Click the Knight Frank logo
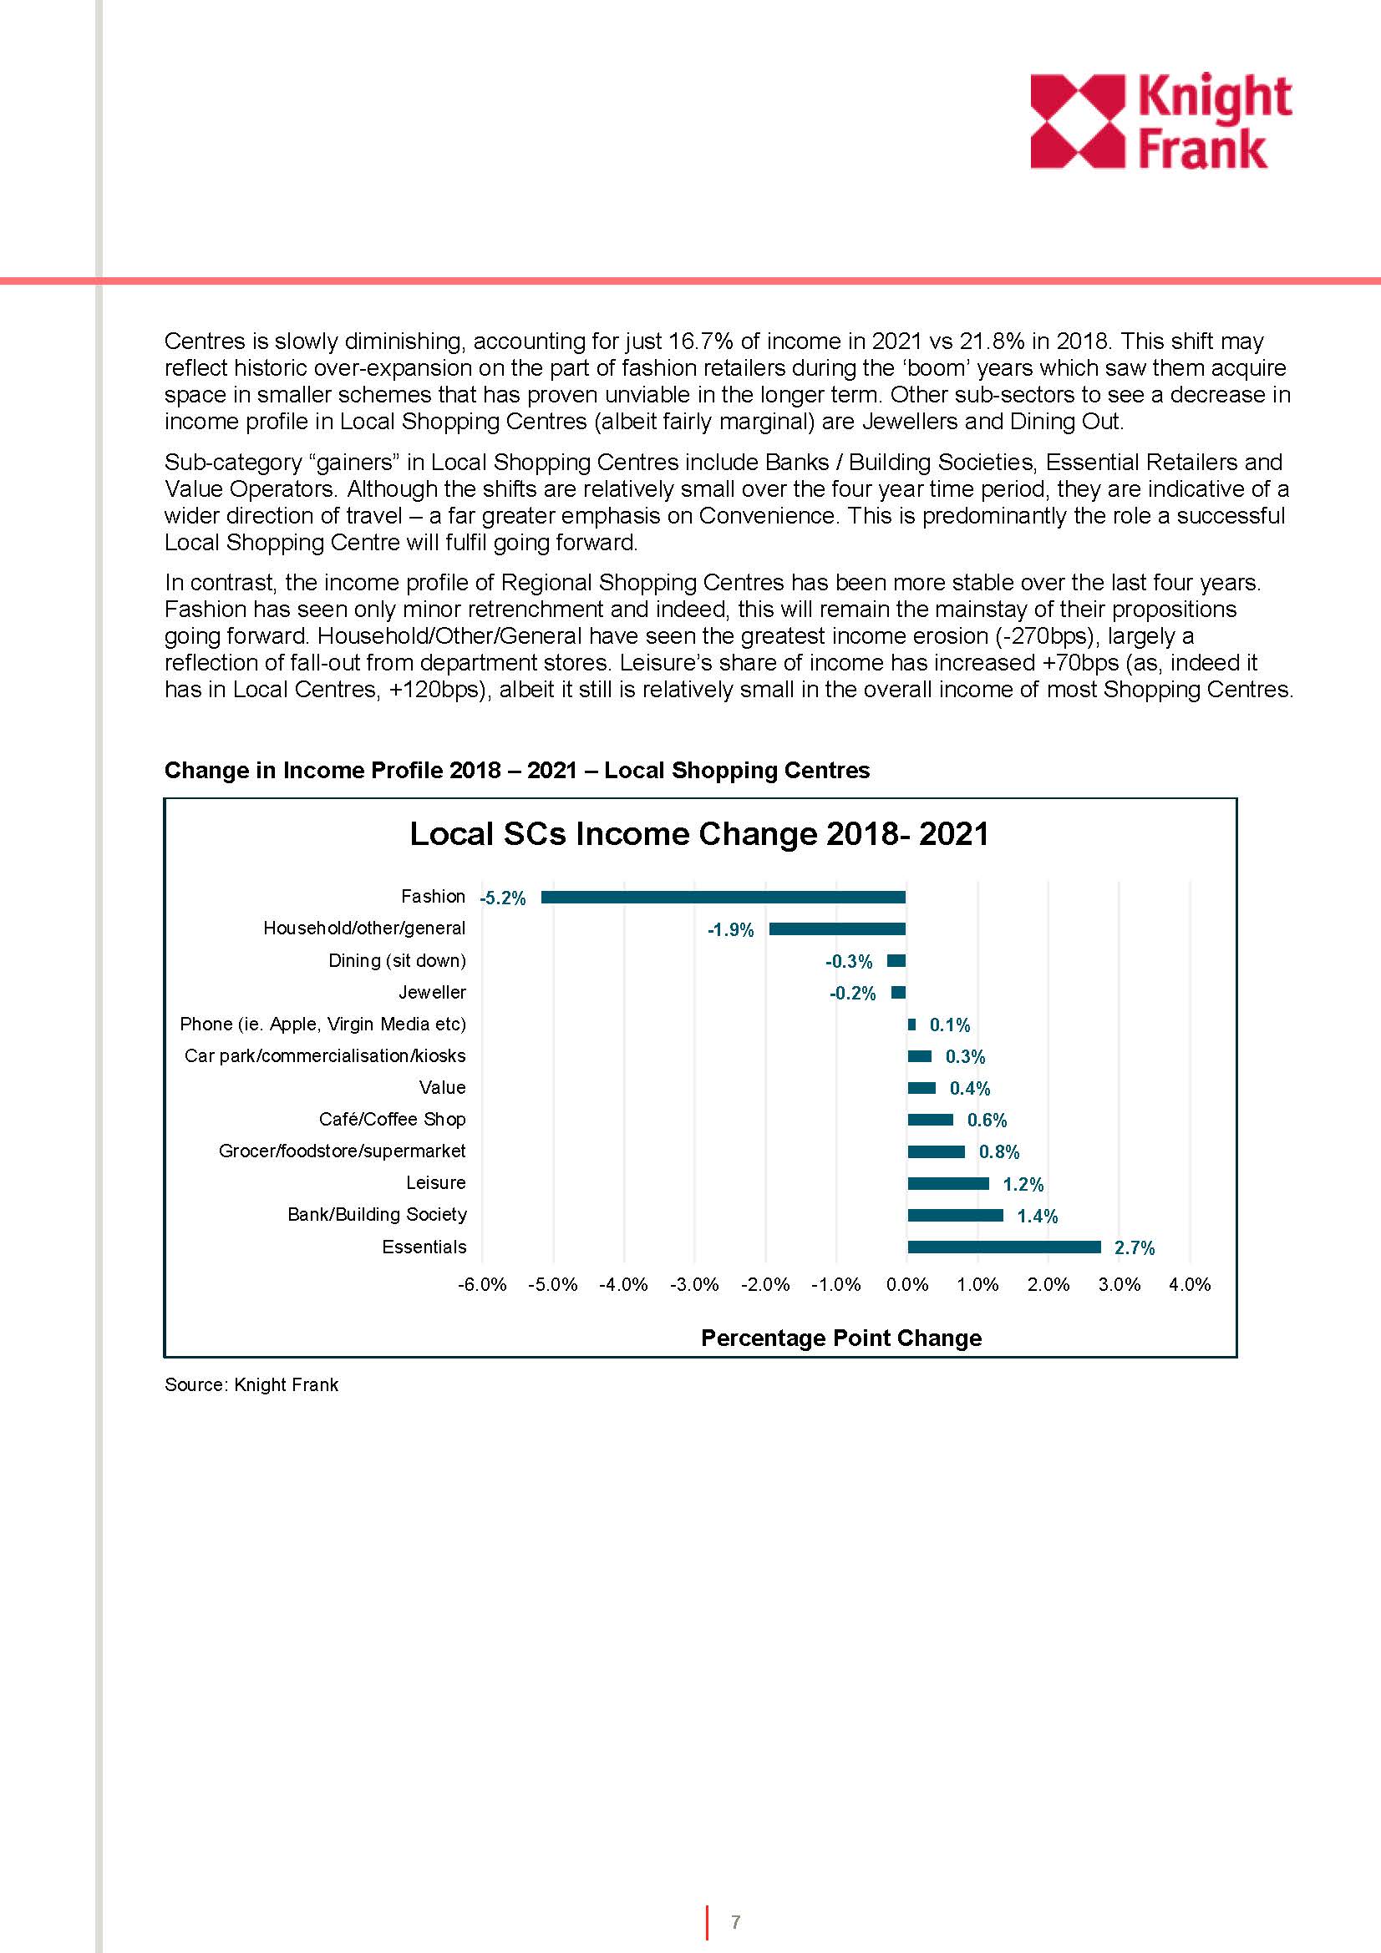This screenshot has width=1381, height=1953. [x=1160, y=121]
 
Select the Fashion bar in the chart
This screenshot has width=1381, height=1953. [x=723, y=897]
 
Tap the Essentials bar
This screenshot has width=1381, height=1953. [x=1004, y=1247]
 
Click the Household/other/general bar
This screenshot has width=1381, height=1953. [x=836, y=928]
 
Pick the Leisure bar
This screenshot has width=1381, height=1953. [x=948, y=1183]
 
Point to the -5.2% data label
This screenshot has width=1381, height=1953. [x=503, y=898]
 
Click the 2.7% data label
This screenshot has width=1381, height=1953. [x=1135, y=1247]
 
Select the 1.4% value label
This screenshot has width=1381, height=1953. [x=1038, y=1217]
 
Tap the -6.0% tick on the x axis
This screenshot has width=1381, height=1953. [x=481, y=1284]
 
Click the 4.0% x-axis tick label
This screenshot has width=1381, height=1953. [x=1190, y=1284]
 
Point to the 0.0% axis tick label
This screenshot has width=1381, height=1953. [x=907, y=1284]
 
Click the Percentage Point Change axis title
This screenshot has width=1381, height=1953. [x=840, y=1338]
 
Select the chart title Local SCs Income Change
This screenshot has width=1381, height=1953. [x=699, y=833]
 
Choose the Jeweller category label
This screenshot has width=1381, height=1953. [x=432, y=992]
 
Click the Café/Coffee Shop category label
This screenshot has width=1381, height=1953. [x=393, y=1120]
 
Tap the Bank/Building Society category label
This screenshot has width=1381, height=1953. [x=377, y=1215]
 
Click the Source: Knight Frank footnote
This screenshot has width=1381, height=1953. [x=251, y=1384]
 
